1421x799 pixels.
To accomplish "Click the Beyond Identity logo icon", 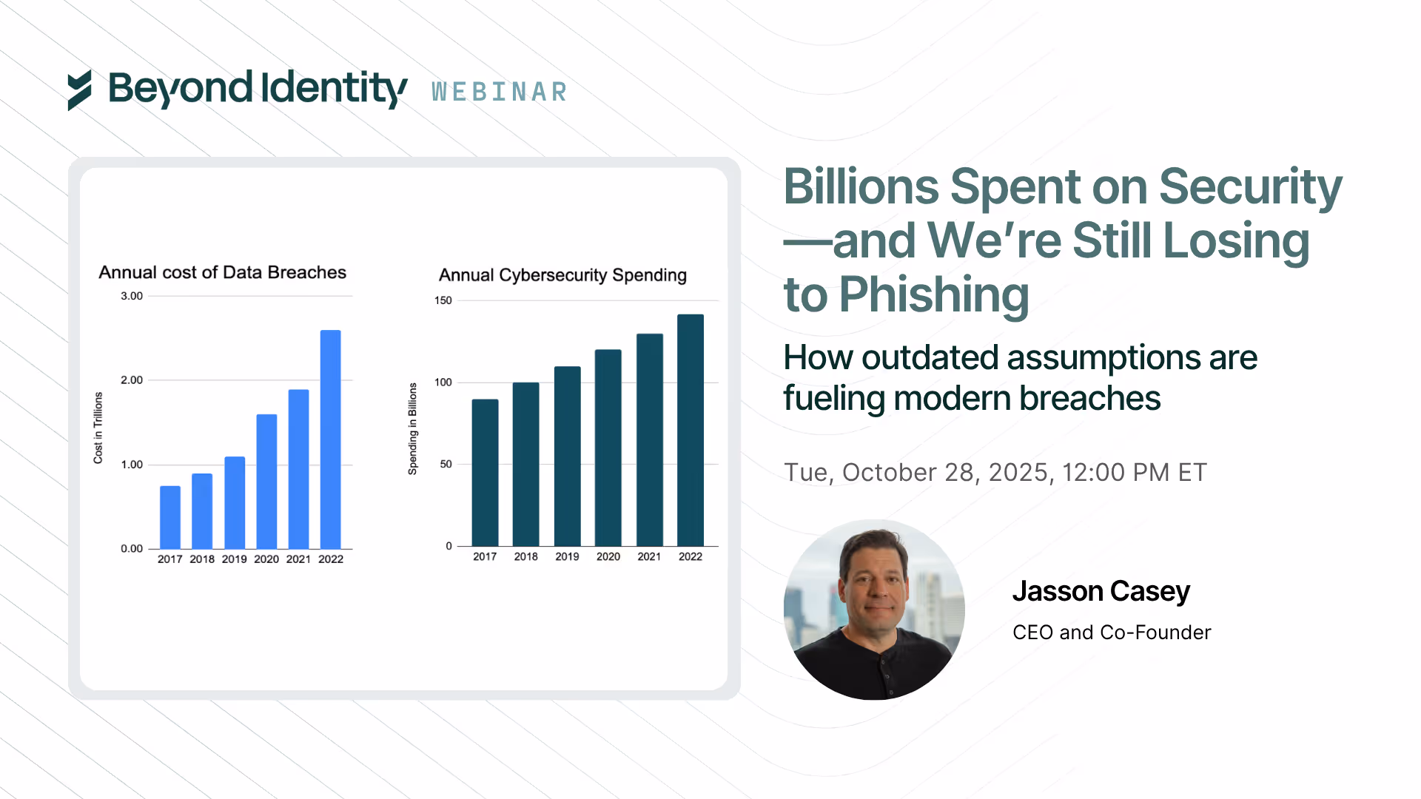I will pos(80,90).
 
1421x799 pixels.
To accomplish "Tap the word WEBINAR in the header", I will pos(500,92).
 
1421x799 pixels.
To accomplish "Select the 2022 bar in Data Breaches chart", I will pos(330,439).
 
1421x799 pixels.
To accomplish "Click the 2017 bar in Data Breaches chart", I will pos(170,517).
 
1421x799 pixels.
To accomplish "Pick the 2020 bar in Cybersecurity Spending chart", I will pos(608,448).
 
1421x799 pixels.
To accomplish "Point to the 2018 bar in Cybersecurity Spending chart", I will pos(525,464).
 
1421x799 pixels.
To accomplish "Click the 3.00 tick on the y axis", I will pos(132,296).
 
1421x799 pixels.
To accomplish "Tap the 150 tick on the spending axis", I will pos(443,300).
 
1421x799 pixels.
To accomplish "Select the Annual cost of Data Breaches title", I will pos(222,272).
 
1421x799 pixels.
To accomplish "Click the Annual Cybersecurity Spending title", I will pos(562,275).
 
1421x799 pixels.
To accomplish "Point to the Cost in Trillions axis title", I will pos(98,428).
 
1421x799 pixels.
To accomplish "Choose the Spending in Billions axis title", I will pos(413,428).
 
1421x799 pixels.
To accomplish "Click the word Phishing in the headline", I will pos(934,295).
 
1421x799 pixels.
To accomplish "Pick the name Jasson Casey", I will pos(1101,591).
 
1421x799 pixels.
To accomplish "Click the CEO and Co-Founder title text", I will pos(1112,633).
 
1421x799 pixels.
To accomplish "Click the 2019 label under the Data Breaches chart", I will pos(234,559).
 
